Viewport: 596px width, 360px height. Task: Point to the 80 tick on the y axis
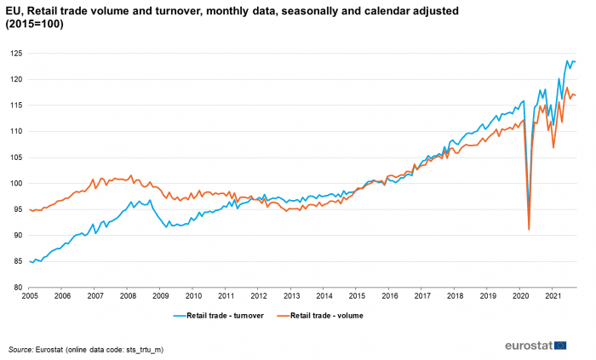click(x=19, y=288)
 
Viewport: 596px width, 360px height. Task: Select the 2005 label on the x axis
click(x=30, y=296)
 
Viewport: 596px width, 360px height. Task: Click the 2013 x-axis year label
click(x=291, y=296)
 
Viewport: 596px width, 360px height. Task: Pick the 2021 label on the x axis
click(x=553, y=296)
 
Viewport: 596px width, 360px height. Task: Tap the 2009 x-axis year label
click(x=160, y=296)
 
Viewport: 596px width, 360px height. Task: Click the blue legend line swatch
click(x=180, y=316)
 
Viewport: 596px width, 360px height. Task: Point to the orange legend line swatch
click(x=284, y=316)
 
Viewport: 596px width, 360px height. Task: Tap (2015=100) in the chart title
click(x=34, y=25)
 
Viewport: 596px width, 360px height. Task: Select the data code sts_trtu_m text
click(x=142, y=350)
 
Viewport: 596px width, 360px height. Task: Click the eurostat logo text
click(x=529, y=346)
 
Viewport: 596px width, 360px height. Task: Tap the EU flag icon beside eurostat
click(x=560, y=346)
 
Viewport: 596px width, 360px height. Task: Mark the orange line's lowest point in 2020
click(x=529, y=230)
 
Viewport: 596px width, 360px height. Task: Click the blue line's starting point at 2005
click(x=30, y=261)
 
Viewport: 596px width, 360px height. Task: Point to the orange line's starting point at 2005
click(x=30, y=209)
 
